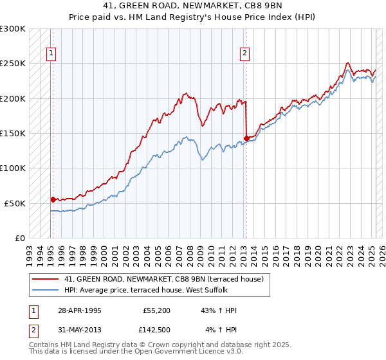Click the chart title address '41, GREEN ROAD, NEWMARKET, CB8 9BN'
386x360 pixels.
(x=192, y=6)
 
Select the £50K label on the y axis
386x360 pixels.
(x=15, y=203)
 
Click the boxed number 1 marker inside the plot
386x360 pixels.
(x=51, y=54)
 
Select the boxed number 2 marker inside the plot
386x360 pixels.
(x=245, y=54)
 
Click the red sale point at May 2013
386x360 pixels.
(x=246, y=138)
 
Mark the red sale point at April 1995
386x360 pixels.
(x=53, y=199)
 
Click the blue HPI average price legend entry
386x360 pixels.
(x=161, y=290)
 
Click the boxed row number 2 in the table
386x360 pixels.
(x=32, y=330)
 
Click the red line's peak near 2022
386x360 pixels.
(x=347, y=63)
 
